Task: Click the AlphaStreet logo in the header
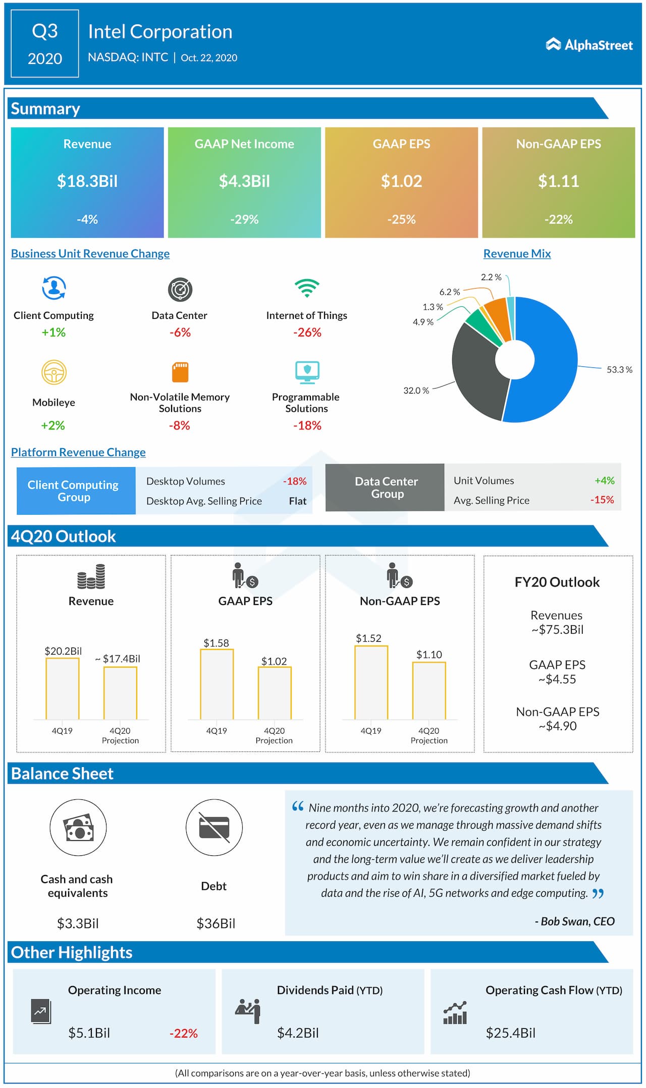(589, 45)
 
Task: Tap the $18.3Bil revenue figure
(87, 181)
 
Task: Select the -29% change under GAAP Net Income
(244, 220)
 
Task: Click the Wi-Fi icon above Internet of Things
(307, 288)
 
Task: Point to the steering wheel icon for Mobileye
(54, 372)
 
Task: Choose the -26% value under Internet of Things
(307, 333)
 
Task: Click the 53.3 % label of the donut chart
(619, 370)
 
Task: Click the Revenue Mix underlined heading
(517, 254)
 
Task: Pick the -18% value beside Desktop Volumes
(295, 481)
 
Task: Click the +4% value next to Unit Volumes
(604, 480)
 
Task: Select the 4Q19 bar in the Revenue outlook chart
(63, 689)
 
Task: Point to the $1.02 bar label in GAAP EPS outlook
(274, 661)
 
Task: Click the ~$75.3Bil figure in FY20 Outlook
(557, 630)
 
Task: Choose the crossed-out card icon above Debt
(214, 828)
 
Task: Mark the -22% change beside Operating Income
(184, 1033)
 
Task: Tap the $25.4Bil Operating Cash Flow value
(510, 1033)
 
